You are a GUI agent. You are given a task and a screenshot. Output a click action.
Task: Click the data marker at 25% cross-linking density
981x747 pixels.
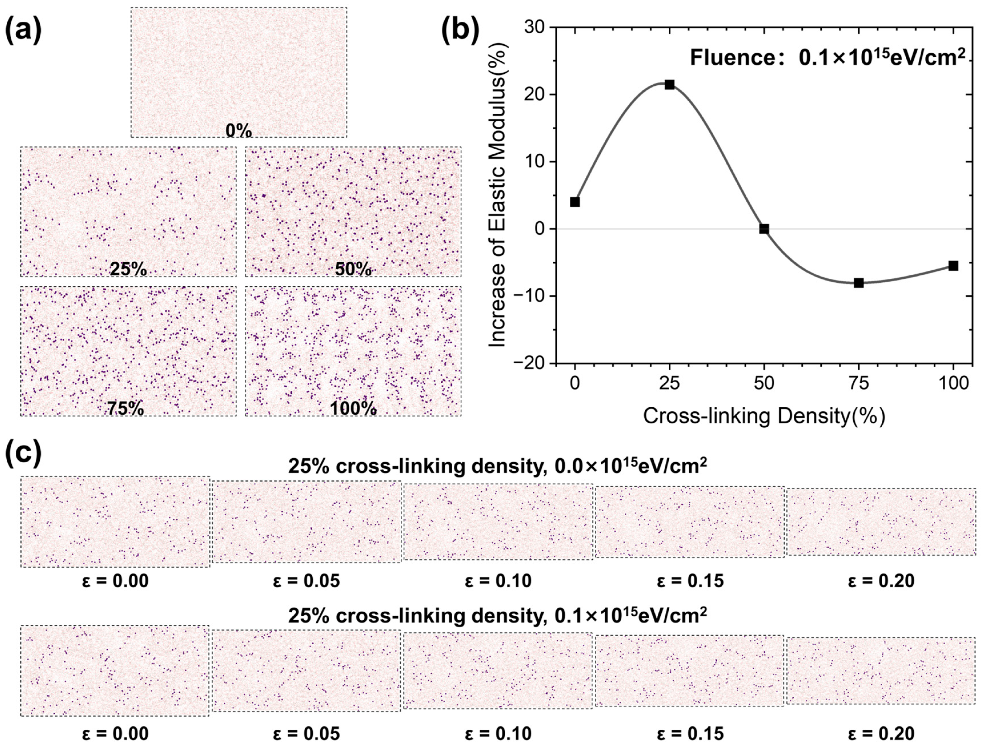(669, 85)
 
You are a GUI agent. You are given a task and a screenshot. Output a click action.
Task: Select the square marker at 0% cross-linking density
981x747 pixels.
(575, 202)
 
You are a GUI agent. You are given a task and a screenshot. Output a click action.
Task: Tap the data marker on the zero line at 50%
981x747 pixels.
(764, 229)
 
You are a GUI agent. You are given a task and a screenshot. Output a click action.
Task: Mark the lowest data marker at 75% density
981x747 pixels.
(859, 283)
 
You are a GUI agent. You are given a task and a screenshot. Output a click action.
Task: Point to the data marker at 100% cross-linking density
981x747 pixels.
(953, 266)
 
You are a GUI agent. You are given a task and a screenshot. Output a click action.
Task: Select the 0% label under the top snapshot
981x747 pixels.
(239, 131)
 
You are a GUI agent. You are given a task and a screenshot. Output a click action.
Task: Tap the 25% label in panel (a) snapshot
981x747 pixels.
(128, 269)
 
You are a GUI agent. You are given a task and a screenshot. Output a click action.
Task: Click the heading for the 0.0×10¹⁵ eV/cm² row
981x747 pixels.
(497, 466)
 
